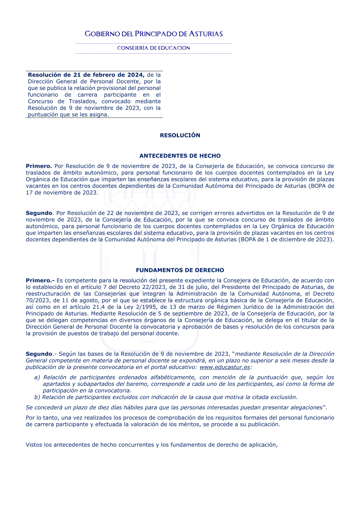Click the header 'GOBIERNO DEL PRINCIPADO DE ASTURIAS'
tap(154, 34)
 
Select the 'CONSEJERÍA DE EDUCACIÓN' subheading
tap(154, 48)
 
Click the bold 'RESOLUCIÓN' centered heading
tap(180, 135)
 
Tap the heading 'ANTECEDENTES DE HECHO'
tap(180, 156)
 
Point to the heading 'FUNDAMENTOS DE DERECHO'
tap(180, 270)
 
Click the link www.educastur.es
tap(225, 367)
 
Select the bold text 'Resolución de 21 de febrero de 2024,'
tap(86, 75)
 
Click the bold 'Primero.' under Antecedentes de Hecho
tap(39, 166)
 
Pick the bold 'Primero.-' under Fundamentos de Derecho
tap(40, 280)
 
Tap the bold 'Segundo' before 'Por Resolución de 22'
tap(39, 213)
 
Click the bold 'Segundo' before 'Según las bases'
tap(39, 354)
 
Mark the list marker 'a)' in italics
tap(37, 377)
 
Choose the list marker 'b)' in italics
tap(37, 397)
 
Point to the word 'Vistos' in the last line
tap(34, 445)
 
